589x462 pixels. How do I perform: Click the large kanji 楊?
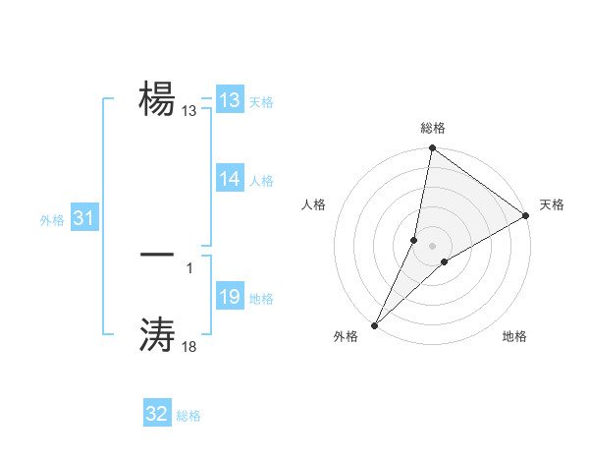pos(157,97)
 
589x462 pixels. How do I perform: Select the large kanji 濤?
pos(157,334)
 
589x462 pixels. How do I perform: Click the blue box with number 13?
pos(230,100)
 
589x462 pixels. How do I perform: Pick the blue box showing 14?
pos(230,179)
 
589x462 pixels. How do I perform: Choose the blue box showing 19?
pos(230,297)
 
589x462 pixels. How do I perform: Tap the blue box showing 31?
pos(83,219)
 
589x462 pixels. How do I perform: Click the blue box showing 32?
pos(157,414)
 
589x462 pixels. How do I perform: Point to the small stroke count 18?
pos(189,347)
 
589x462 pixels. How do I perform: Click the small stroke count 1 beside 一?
pos(189,266)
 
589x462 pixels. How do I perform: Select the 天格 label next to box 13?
pos(260,102)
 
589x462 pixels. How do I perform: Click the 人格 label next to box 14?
pos(260,181)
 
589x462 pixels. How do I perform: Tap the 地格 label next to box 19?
pos(260,299)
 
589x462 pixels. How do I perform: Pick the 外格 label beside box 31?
pos(52,221)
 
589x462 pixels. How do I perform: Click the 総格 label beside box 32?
pos(188,416)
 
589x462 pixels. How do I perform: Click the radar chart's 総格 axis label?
pos(432,129)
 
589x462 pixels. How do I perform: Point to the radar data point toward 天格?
pos(525,215)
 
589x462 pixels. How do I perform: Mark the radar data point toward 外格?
pos(374,324)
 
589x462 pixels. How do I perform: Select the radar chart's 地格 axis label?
pos(514,337)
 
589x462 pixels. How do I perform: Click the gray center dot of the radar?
pos(432,246)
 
